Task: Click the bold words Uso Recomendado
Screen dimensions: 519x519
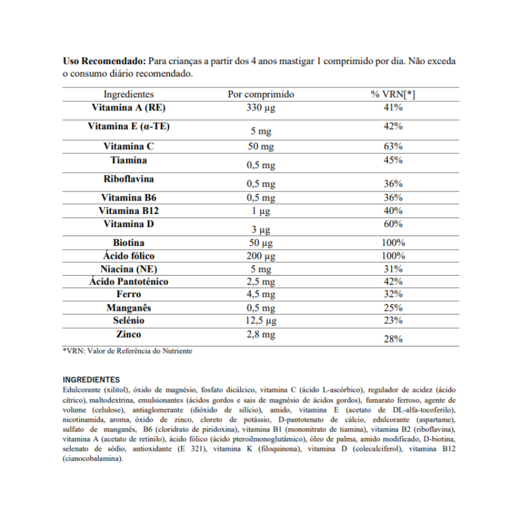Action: [104, 62]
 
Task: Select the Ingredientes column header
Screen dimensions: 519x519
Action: [128, 94]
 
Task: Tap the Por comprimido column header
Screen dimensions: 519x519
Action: [261, 94]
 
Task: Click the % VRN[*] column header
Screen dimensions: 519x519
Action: [393, 94]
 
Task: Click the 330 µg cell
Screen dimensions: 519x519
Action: [261, 108]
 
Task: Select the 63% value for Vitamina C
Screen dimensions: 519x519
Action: [393, 146]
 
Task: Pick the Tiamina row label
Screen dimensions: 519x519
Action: [128, 160]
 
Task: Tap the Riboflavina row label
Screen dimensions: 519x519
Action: [128, 178]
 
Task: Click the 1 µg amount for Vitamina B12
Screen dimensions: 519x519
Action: [261, 211]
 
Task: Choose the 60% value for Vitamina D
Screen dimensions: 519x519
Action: [393, 224]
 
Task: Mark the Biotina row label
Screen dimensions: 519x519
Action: [128, 243]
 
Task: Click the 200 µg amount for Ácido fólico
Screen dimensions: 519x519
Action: [261, 256]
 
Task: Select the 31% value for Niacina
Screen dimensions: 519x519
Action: [393, 269]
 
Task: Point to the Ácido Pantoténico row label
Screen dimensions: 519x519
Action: [128, 282]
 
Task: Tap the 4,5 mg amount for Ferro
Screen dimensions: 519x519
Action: [261, 295]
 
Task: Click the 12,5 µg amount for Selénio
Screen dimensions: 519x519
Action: [261, 320]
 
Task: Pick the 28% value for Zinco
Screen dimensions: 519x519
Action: [393, 339]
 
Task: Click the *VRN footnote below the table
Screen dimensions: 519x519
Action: [127, 351]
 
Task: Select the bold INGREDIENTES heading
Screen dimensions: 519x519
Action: [91, 380]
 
